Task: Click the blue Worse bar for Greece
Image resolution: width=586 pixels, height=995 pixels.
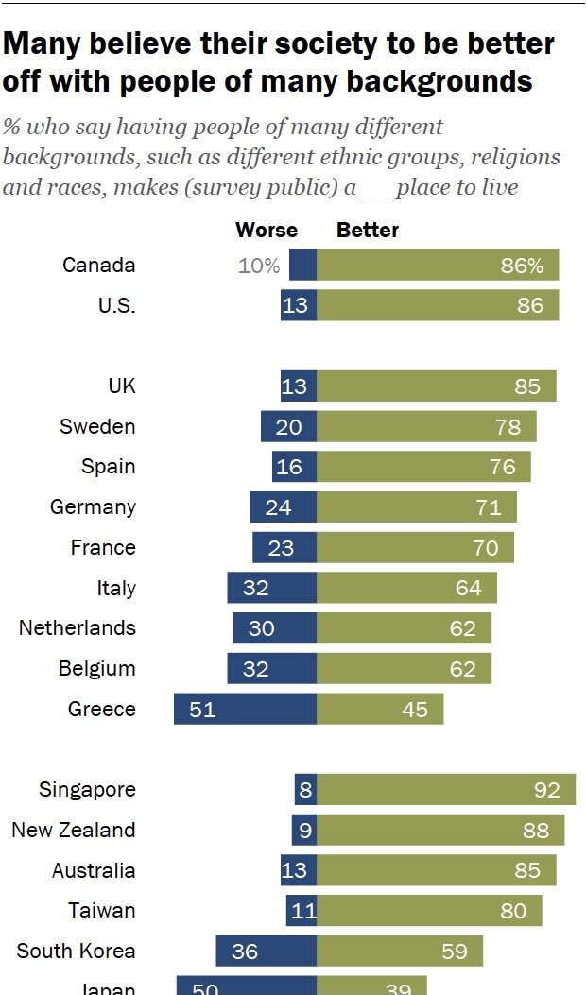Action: pos(245,709)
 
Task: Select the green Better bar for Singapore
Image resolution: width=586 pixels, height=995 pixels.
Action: pos(446,789)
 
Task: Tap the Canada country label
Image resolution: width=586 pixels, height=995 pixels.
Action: pos(99,265)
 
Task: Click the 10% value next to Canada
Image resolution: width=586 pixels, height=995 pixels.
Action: pos(259,266)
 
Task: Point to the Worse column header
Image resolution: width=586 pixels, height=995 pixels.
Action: pos(267,230)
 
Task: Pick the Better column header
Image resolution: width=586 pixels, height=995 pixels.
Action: pos(368,230)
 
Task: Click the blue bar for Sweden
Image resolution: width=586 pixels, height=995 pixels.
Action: pos(288,426)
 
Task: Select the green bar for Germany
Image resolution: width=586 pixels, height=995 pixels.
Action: pos(417,506)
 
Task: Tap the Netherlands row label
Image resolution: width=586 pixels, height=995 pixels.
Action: pos(78,627)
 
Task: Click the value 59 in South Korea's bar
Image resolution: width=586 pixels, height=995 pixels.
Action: pos(455,951)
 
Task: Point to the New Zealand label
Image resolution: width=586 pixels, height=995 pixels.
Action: pos(74,830)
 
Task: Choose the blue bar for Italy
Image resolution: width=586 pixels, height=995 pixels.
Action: pos(271,588)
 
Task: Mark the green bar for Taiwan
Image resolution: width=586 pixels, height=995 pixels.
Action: pos(429,910)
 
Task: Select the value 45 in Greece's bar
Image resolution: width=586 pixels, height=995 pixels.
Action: pos(415,709)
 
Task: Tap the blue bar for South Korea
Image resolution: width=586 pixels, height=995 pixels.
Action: pos(266,951)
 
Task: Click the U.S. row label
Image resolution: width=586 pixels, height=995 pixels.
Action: pos(116,305)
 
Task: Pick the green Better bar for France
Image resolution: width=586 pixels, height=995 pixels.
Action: pos(415,547)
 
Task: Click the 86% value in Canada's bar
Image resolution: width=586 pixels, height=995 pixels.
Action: pos(522,266)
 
